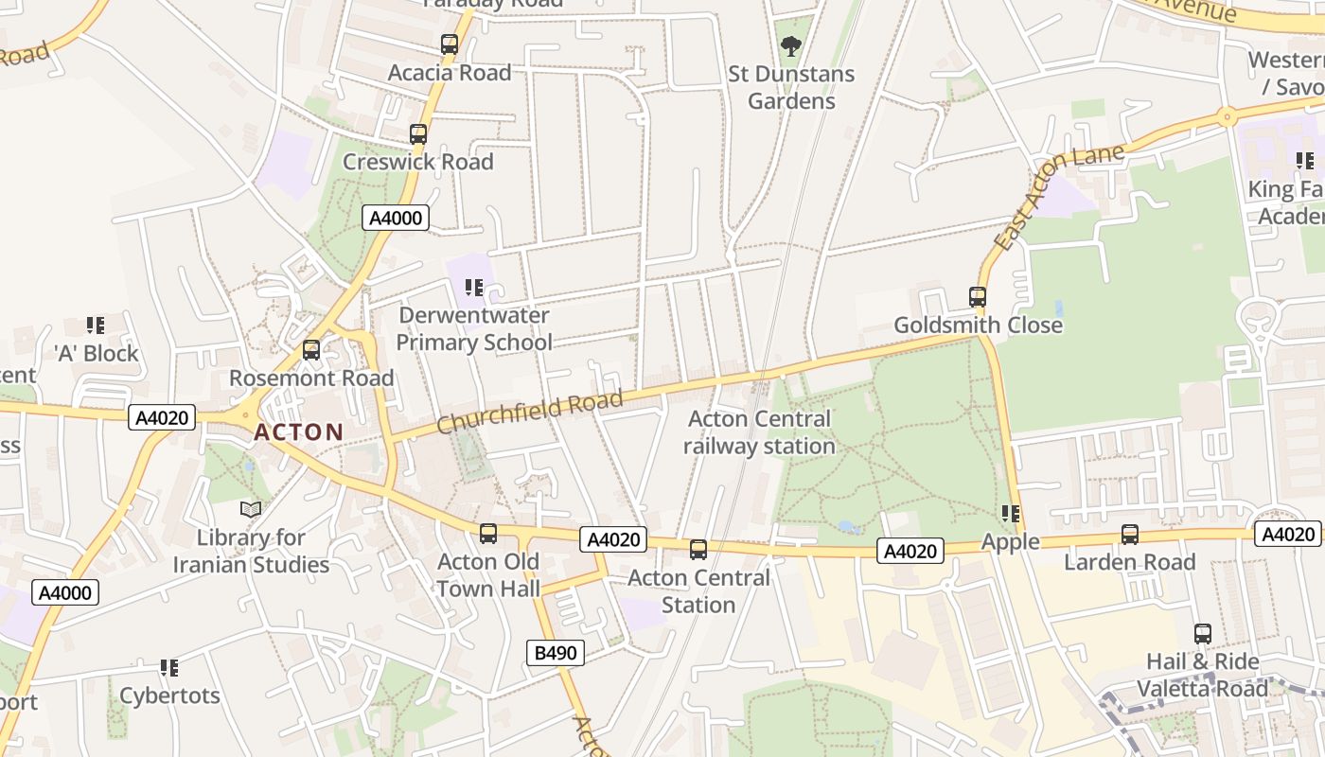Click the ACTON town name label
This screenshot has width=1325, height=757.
click(x=299, y=432)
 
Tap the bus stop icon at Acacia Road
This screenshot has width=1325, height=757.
click(x=450, y=44)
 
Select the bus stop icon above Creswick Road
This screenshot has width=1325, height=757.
click(x=418, y=134)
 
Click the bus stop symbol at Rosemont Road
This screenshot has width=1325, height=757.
click(x=311, y=350)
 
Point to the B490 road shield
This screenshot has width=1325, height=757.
click(x=555, y=652)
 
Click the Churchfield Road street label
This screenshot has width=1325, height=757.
click(x=530, y=412)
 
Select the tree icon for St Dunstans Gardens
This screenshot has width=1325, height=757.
click(x=791, y=45)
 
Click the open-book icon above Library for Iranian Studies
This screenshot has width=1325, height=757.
click(x=251, y=510)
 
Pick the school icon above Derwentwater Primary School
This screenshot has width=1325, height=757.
click(x=474, y=288)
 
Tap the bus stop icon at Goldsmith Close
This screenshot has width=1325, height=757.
click(x=978, y=297)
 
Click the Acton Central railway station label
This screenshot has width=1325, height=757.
click(x=759, y=431)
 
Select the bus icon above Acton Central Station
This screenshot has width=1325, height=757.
click(x=698, y=550)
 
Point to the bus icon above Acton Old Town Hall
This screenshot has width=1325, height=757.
click(x=488, y=534)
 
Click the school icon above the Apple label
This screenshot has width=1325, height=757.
click(x=1011, y=514)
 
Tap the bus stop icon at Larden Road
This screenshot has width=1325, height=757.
click(x=1130, y=535)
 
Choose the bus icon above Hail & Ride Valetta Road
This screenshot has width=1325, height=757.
click(x=1203, y=634)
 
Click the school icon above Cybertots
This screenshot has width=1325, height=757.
click(x=169, y=668)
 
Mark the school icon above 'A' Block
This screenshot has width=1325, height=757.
click(x=96, y=326)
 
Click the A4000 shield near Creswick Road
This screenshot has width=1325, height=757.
click(x=396, y=219)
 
